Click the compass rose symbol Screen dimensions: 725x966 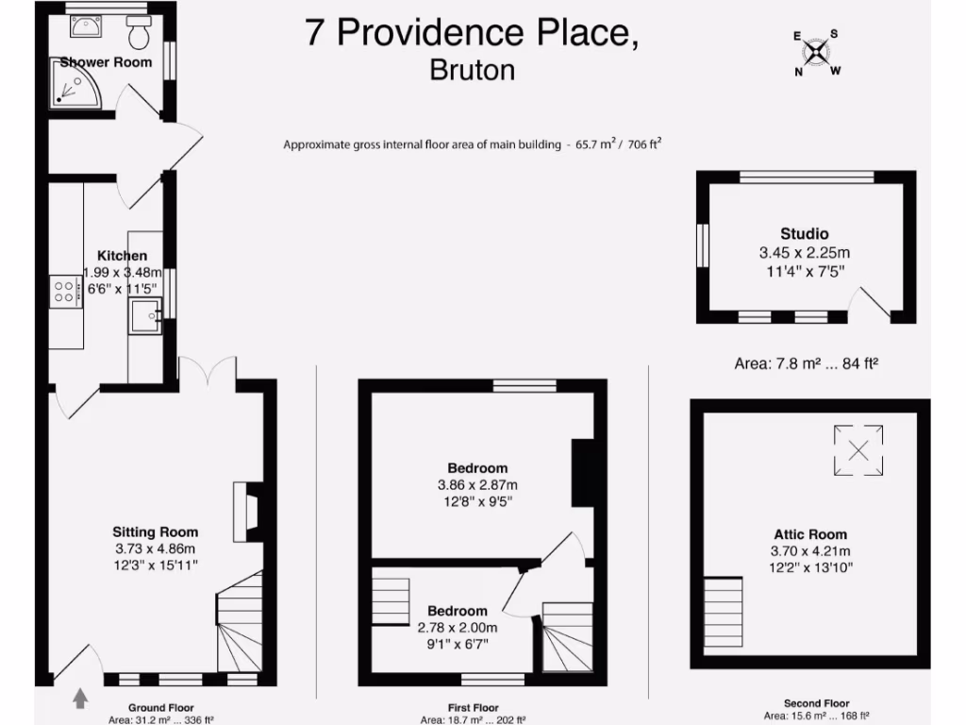tap(817, 52)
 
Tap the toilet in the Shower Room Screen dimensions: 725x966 tap(139, 35)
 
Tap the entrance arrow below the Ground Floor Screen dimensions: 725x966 tap(80, 698)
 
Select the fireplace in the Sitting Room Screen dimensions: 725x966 tap(248, 512)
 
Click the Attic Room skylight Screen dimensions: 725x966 tap(858, 449)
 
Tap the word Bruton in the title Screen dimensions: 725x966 tap(472, 71)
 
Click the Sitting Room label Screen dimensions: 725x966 tap(156, 532)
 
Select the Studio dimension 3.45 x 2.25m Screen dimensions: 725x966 tap(804, 253)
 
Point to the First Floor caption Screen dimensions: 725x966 tap(473, 707)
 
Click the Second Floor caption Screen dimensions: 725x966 tap(816, 703)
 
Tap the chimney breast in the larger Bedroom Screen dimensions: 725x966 tap(583, 474)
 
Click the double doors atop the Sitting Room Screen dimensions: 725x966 tap(207, 370)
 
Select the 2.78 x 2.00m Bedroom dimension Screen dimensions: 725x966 tap(458, 628)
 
